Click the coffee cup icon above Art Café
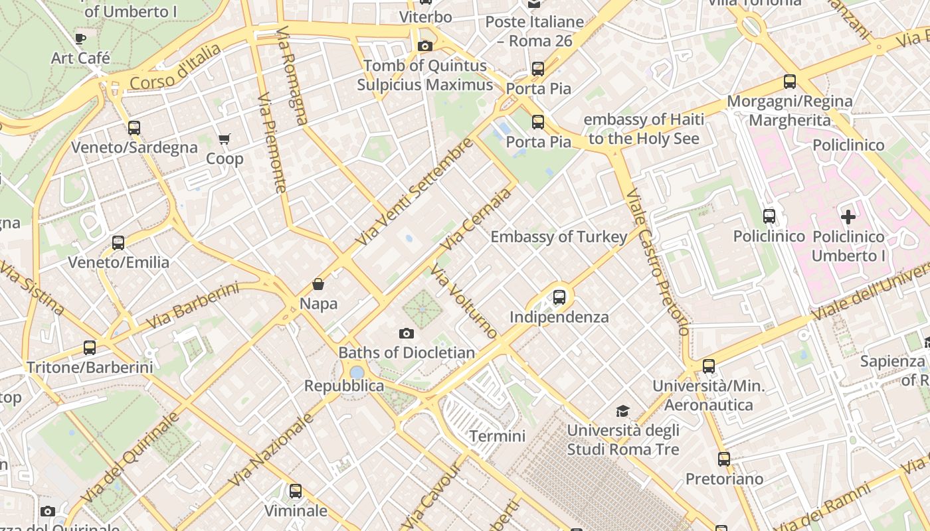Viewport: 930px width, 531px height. [x=80, y=38]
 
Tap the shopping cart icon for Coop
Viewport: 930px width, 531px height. [x=224, y=139]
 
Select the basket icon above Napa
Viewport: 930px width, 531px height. [x=318, y=284]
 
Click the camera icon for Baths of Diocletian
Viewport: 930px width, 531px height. [x=407, y=333]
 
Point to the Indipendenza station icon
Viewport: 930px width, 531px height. [x=559, y=297]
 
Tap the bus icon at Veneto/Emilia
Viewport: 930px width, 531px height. [x=118, y=243]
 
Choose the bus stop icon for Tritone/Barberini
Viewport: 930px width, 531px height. [x=90, y=347]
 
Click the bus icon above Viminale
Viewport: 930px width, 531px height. [x=296, y=491]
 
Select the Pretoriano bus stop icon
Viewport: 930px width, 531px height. [x=724, y=459]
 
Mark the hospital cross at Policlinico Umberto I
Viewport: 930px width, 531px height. [x=848, y=216]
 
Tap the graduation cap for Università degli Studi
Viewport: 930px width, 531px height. [x=622, y=411]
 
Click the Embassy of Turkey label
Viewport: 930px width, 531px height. [x=559, y=237]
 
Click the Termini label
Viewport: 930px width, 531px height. [x=497, y=436]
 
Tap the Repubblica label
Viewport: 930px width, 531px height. [x=344, y=386]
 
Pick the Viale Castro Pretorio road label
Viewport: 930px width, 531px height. [x=658, y=262]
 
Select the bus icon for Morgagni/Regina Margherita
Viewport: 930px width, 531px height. [x=789, y=82]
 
